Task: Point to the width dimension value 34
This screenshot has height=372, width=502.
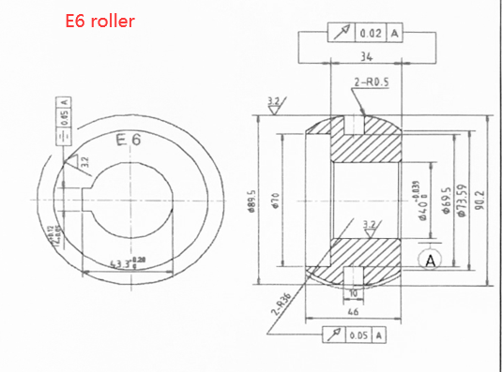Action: [x=365, y=57]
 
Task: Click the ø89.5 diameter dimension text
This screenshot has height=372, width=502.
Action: [x=252, y=201]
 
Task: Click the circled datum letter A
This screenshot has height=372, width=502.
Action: [x=431, y=260]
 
